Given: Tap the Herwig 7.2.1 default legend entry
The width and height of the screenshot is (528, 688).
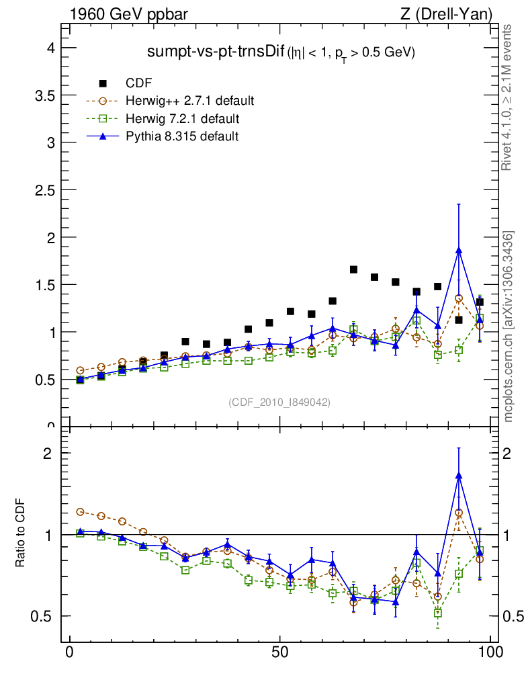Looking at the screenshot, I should [182, 119].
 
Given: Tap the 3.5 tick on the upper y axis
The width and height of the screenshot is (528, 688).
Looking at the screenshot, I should [44, 95].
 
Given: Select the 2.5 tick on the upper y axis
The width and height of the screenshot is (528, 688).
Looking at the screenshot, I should [44, 190].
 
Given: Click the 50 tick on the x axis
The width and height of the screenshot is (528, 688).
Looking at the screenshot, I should [280, 652].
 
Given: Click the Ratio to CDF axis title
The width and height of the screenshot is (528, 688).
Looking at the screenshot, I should [22, 534].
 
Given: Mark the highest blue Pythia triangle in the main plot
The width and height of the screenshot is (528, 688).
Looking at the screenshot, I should [459, 251].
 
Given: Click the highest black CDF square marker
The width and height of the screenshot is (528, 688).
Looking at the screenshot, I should [353, 269].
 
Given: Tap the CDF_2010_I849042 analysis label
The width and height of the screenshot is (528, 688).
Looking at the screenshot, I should [279, 402].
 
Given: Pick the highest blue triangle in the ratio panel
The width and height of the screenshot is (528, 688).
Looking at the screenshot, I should [459, 476].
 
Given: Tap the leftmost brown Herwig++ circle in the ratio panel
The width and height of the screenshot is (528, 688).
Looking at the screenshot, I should [81, 512].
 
